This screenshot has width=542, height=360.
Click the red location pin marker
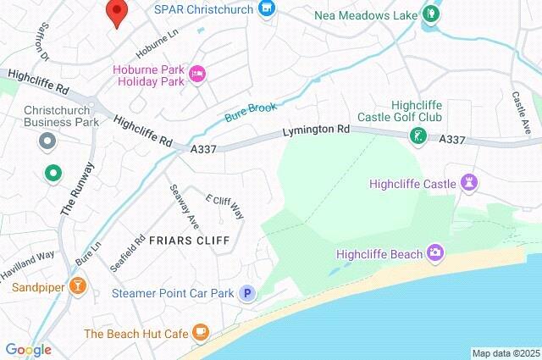pos(116,13)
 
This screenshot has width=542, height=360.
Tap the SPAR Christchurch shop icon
pos(268,9)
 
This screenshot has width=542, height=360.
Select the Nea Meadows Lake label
pos(366,15)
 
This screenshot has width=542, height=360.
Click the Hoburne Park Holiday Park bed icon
pos(197,75)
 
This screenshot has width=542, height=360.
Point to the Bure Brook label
pos(252,114)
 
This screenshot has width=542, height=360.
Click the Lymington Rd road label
pos(316,131)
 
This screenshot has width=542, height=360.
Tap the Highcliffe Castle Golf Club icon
pos(417,136)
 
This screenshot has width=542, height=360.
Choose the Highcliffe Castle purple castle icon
pos(469,183)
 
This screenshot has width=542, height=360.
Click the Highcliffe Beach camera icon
pos(435,252)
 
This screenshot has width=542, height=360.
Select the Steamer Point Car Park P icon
pos(247,293)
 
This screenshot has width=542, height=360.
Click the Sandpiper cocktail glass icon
pos(78,286)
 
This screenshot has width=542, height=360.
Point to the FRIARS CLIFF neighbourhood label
pos(189,241)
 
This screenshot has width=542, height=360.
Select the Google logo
pos(28,349)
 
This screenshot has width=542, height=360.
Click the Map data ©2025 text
pos(505,353)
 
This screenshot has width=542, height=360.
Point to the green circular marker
pos(53,173)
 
